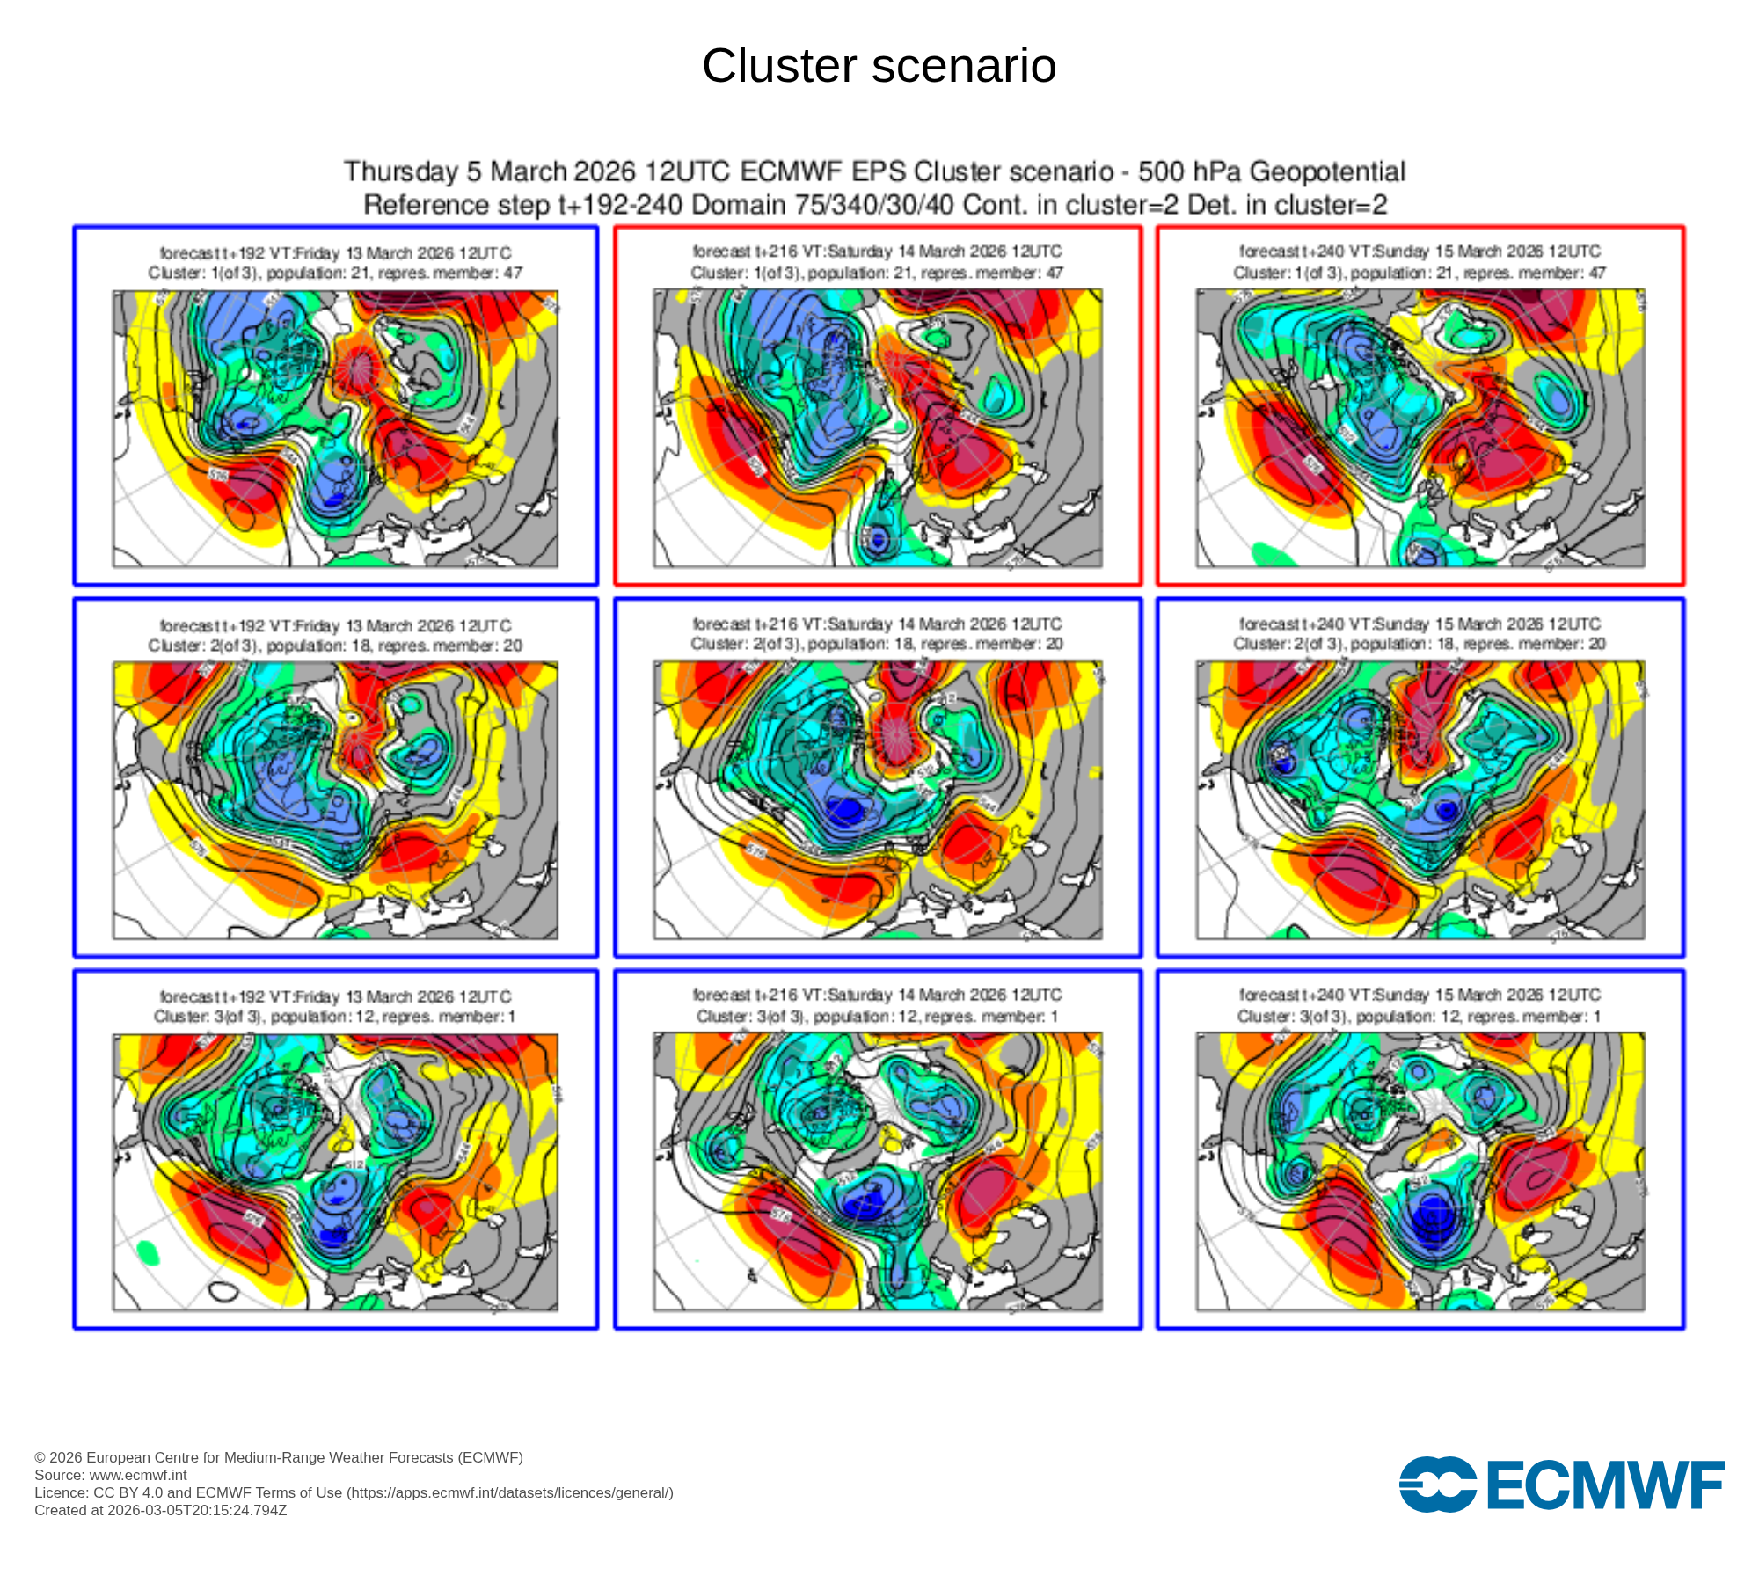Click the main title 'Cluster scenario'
(879, 66)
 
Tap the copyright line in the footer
(279, 1457)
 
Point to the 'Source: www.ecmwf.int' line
(111, 1475)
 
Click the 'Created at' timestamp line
(161, 1510)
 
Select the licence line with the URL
(354, 1492)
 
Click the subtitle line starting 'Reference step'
(875, 205)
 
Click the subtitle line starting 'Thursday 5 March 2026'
(875, 171)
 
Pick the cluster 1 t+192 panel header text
(335, 263)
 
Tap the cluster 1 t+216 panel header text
(877, 262)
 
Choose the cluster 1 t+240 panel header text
(1420, 262)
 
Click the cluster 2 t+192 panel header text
(335, 635)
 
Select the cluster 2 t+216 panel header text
(877, 634)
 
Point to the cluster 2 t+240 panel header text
(1420, 634)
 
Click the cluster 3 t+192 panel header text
(335, 1007)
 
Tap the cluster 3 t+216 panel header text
(877, 1006)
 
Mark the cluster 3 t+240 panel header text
(1420, 1006)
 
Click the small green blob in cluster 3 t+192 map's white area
(149, 1251)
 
